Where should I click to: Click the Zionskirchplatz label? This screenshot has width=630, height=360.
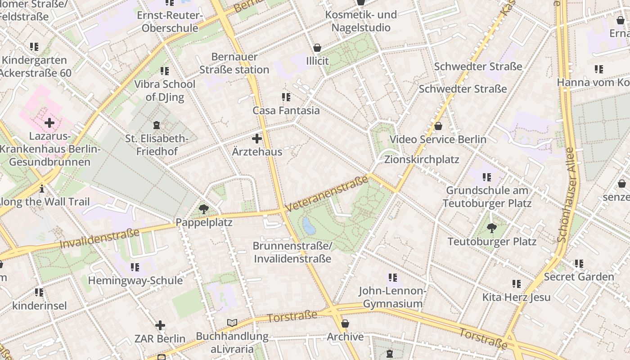point(422,160)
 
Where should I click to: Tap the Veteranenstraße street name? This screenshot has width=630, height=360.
point(327,193)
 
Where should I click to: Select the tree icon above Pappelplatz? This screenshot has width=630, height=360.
point(203,209)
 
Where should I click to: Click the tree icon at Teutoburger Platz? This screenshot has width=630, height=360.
point(492,228)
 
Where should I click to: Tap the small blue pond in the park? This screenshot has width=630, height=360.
point(309,226)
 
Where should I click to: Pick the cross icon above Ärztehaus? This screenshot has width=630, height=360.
point(257,139)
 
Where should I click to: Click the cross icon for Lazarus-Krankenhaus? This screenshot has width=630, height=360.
point(49,122)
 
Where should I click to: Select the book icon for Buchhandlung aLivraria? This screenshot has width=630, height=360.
point(232,323)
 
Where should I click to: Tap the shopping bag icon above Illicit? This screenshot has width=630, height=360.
point(317,48)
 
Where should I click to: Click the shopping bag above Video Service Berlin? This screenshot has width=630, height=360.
point(438,126)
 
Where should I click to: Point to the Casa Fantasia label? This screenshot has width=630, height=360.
point(286,111)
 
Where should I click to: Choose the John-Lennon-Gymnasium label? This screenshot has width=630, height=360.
point(392,297)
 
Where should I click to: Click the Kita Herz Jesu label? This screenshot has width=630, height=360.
point(516,297)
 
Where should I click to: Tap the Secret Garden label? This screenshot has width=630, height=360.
point(579,277)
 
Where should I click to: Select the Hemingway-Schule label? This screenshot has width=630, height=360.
point(135,281)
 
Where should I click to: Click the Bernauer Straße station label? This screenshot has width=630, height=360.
point(234,63)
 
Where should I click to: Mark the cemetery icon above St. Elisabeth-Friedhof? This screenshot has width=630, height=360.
point(157,125)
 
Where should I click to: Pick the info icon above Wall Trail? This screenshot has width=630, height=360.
point(42,189)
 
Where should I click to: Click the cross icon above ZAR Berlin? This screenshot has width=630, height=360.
point(160,325)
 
